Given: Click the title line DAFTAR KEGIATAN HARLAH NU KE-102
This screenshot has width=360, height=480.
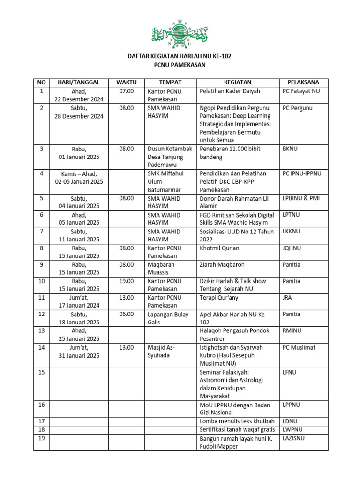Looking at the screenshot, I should (x=180, y=56).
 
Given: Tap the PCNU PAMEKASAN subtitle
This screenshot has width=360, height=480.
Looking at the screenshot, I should (x=180, y=65).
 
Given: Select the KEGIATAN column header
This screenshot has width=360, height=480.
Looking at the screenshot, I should (x=238, y=82).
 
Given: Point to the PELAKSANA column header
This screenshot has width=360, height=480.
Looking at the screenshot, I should (x=304, y=82).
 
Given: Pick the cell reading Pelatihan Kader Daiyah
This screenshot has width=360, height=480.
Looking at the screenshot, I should (x=230, y=91).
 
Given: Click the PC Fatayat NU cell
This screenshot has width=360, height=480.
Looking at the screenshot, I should (x=301, y=91).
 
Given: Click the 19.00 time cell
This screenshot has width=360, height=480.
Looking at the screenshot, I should (x=127, y=281).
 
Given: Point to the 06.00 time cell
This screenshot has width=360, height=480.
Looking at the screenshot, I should (x=127, y=314).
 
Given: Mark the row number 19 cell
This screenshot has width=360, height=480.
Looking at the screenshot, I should (x=41, y=438).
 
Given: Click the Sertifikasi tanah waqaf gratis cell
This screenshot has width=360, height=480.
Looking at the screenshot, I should (x=237, y=429).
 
